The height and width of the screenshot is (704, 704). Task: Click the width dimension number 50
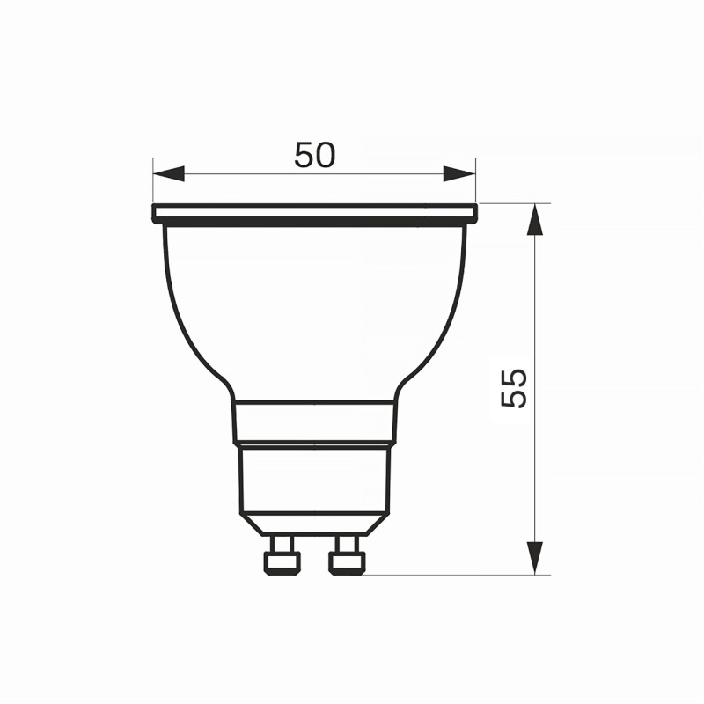(314, 155)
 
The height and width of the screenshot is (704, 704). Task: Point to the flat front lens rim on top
(314, 213)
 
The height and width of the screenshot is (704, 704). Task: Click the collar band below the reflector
(314, 422)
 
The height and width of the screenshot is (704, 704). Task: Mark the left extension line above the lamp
(153, 180)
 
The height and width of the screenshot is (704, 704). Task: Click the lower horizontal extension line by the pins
(458, 575)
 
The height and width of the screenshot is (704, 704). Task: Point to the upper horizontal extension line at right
(515, 203)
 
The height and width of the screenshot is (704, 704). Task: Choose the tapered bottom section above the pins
(314, 524)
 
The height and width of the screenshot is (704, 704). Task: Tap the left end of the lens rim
(156, 213)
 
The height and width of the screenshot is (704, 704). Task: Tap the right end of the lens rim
(473, 213)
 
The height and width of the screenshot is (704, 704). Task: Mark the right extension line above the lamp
(475, 180)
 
